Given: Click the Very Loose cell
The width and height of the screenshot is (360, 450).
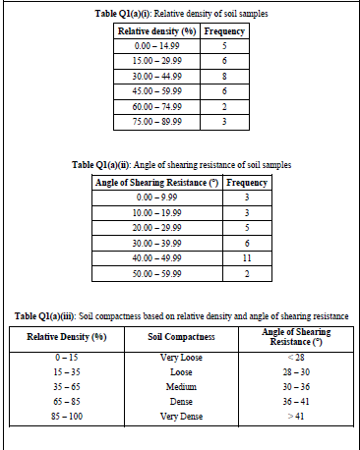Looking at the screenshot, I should (x=181, y=358).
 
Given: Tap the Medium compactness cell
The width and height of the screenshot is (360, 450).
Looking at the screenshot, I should (x=181, y=386).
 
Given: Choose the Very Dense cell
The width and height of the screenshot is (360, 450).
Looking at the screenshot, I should (x=181, y=416).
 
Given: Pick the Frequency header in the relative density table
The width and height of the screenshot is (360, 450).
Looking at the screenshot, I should (x=225, y=31).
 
